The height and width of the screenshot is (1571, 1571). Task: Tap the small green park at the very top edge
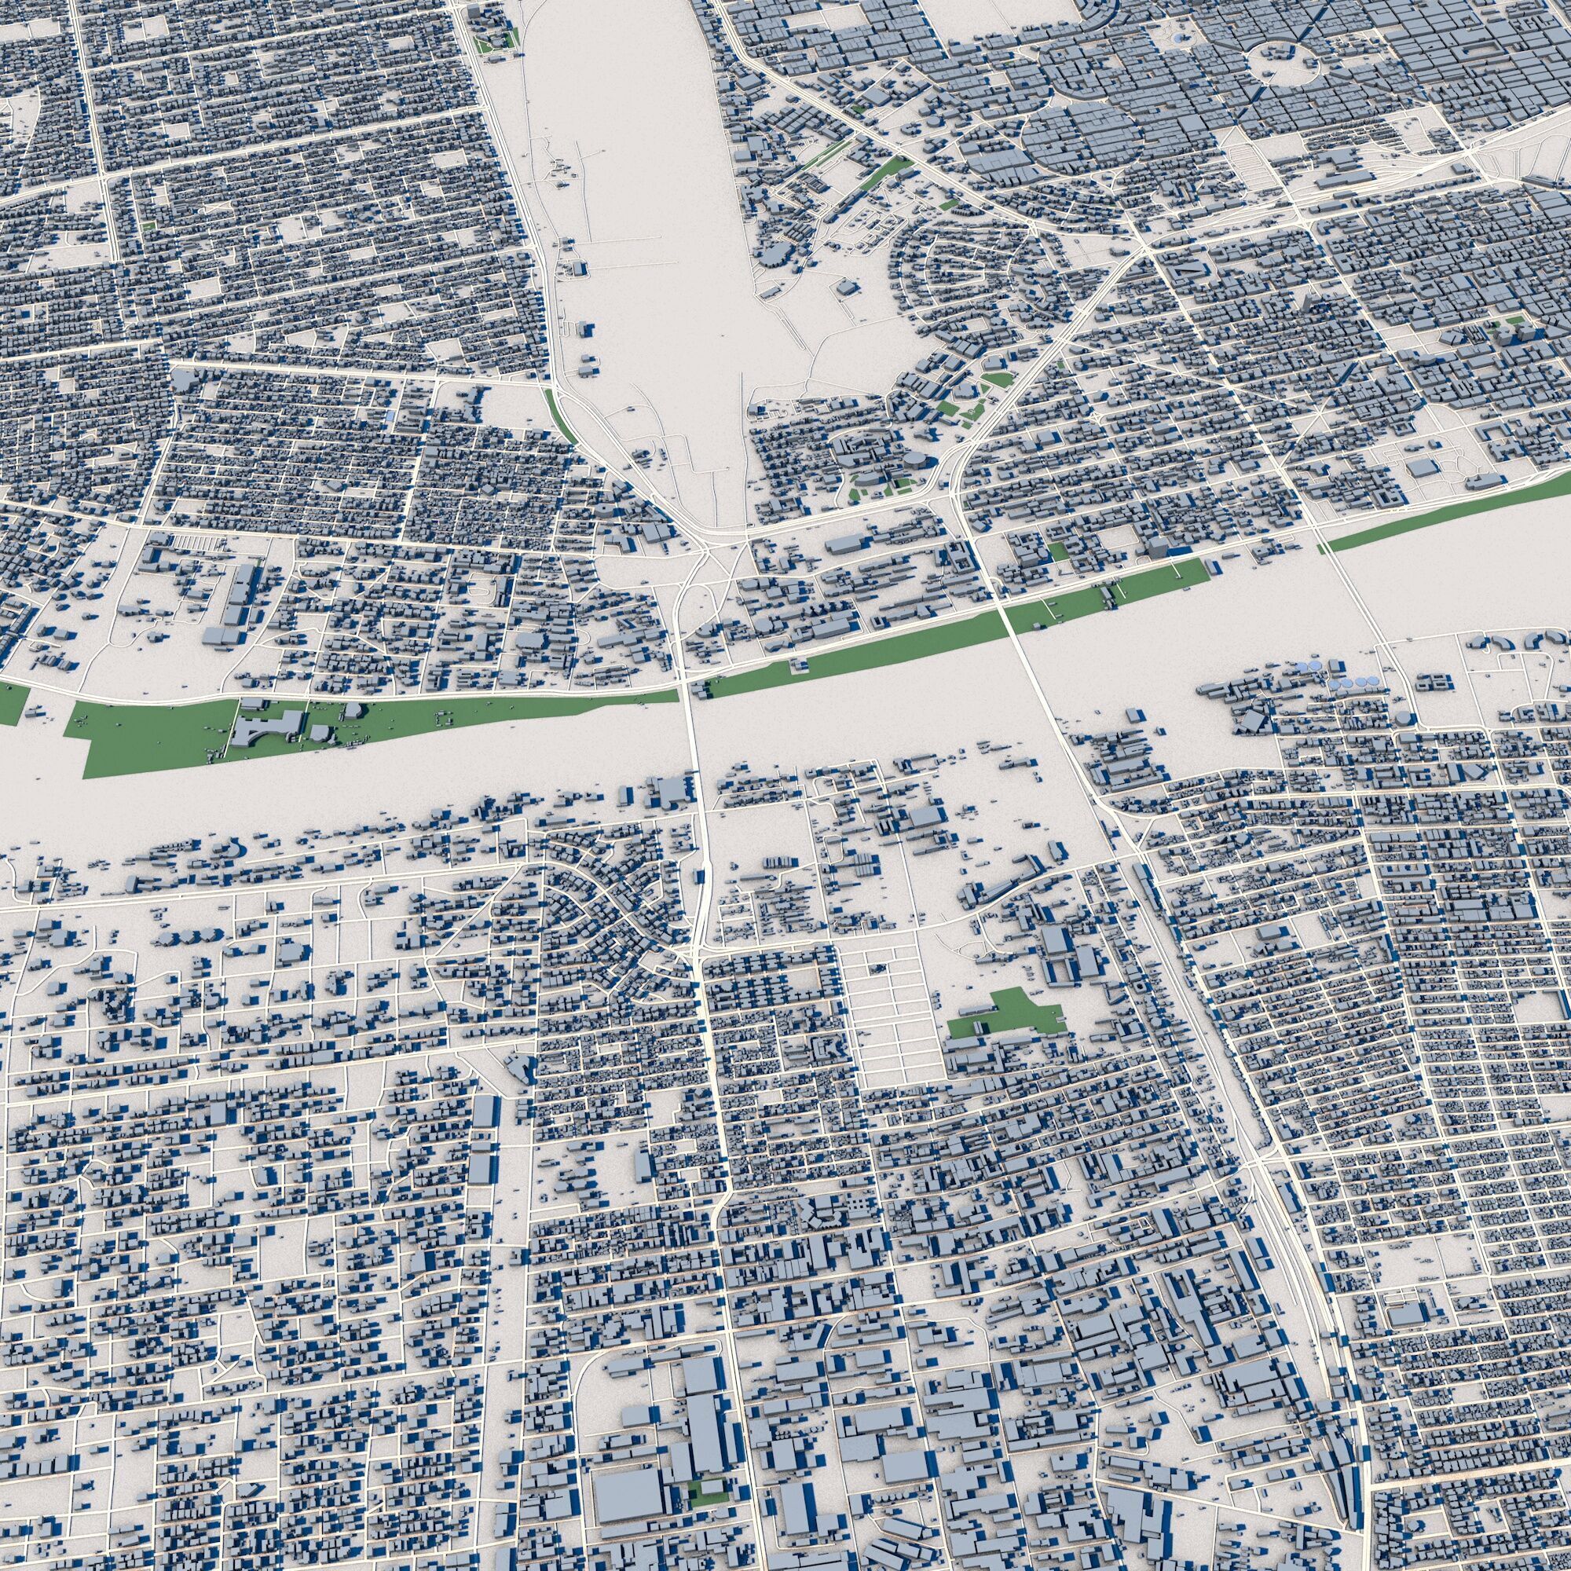495,43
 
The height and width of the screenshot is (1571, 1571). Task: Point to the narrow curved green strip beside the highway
561,414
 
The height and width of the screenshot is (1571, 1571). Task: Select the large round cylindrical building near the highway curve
917,460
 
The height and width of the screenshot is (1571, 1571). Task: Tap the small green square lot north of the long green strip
1059,552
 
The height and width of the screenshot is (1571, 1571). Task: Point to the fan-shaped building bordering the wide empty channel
233,851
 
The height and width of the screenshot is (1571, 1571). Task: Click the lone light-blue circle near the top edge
1180,38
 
